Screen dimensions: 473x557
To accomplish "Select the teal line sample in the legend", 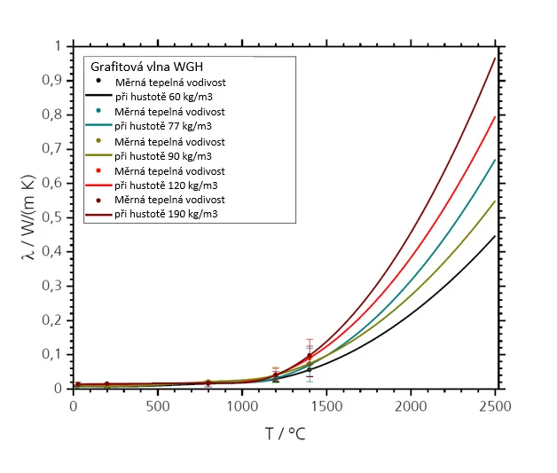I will point(98,126).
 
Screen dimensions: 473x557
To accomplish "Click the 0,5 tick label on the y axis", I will point(55,217).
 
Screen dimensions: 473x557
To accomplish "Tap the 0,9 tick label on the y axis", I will point(55,81).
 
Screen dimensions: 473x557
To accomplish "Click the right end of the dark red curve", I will point(494,58).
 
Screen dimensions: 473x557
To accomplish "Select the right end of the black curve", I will point(494,235).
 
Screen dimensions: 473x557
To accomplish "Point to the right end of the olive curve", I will point(494,201).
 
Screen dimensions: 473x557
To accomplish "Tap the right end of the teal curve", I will point(494,160).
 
